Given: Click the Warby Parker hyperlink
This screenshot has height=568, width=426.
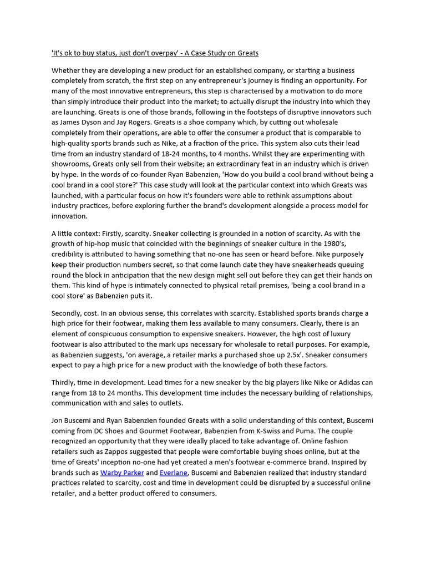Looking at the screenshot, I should [x=122, y=473].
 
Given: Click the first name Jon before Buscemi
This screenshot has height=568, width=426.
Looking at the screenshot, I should [x=57, y=420].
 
